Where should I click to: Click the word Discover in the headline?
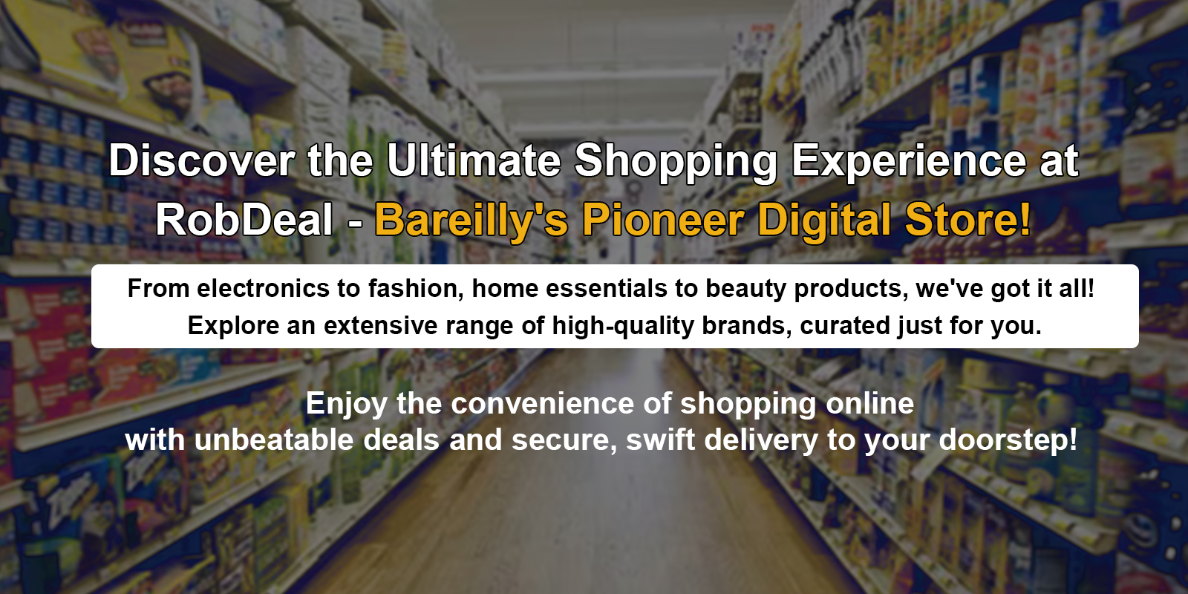[201, 160]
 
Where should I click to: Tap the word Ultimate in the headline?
[474, 160]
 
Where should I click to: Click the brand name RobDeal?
[244, 220]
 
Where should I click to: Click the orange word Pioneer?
[663, 220]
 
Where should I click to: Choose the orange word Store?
[968, 220]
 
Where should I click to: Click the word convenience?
[543, 404]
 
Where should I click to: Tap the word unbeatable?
[274, 440]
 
